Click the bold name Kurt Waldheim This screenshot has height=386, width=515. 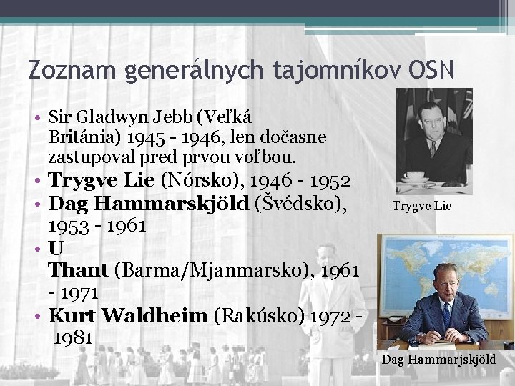tap(127, 315)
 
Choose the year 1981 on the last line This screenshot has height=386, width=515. tap(73, 338)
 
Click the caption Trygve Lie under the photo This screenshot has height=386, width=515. tap(422, 207)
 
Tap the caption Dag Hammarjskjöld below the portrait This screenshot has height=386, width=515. tap(438, 359)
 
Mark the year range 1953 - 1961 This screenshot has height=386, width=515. tap(97, 226)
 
